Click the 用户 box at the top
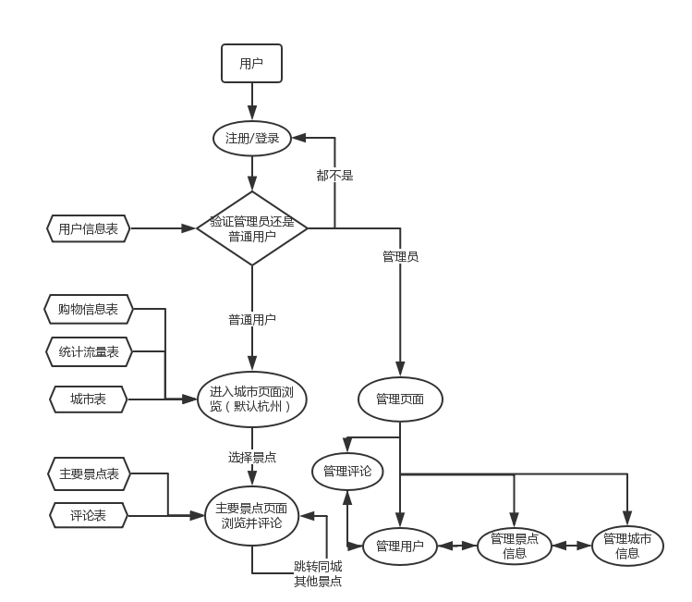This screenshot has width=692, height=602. point(251,64)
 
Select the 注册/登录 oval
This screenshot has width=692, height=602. point(251,139)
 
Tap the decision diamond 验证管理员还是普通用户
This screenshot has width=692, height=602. point(251,227)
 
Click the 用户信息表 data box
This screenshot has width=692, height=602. point(88,228)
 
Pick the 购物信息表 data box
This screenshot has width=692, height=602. point(88,310)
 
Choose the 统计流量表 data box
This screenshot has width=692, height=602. point(88,351)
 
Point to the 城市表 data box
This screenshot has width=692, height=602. point(88,399)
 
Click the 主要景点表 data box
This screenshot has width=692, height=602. point(88,474)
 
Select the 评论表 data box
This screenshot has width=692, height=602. point(88,515)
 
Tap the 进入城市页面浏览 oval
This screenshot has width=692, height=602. point(251,399)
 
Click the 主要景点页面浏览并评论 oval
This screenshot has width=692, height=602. point(251,515)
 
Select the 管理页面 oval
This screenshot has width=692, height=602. point(400,399)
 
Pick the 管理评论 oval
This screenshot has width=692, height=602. point(347,472)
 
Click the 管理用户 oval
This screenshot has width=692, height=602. point(400,547)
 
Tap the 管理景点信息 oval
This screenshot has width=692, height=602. point(515,547)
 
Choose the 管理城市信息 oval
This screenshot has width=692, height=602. point(627,547)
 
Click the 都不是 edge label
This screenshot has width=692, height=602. point(334,175)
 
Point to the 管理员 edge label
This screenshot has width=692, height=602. point(400,256)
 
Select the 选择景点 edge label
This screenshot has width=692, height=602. point(251,457)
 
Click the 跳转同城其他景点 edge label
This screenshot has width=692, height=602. point(318,573)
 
